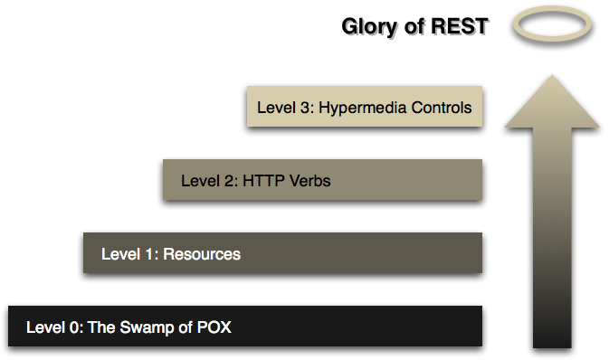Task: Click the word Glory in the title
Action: pyautogui.click(x=368, y=27)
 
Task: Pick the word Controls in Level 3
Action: pyautogui.click(x=439, y=108)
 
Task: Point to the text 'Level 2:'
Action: pyautogui.click(x=209, y=181)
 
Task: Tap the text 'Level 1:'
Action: pyautogui.click(x=128, y=254)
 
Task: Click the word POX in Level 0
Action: pyautogui.click(x=214, y=327)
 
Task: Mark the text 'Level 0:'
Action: pyautogui.click(x=54, y=327)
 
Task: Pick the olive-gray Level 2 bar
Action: pyautogui.click(x=407, y=181)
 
